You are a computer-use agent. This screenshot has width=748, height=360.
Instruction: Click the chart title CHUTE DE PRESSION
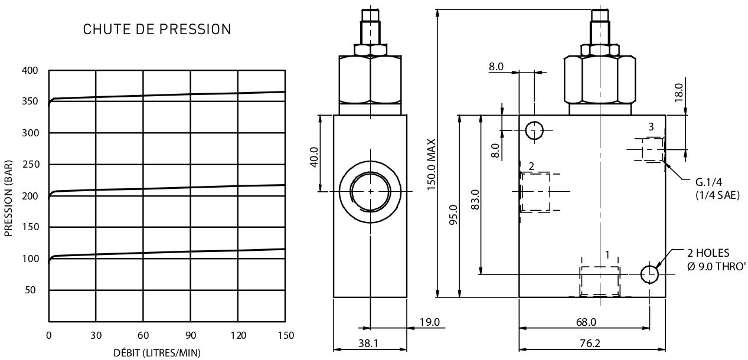click(157, 30)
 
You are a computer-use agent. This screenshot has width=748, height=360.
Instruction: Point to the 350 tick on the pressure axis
click(30, 101)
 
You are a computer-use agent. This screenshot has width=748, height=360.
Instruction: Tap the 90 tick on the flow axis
click(191, 335)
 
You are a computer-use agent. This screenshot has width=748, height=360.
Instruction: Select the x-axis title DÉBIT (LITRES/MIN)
click(157, 353)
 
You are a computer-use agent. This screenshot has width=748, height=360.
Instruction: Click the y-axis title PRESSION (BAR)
click(8, 198)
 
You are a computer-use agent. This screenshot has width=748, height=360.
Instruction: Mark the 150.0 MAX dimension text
click(432, 164)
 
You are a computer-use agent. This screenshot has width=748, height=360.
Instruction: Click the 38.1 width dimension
click(368, 343)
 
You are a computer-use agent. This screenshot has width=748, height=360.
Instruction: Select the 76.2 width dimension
click(590, 343)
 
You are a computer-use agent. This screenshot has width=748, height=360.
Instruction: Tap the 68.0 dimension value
click(586, 322)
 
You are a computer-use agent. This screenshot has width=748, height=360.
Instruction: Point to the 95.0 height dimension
click(453, 215)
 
